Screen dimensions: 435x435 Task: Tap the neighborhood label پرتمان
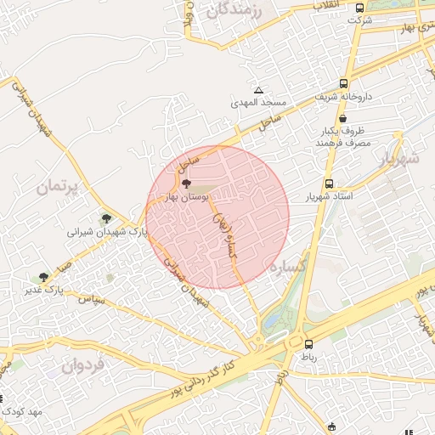pyautogui.click(x=57, y=185)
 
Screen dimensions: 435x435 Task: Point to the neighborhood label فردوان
pyautogui.click(x=82, y=366)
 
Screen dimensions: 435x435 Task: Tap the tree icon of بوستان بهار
pyautogui.click(x=187, y=182)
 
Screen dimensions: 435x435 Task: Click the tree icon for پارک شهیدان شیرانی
pyautogui.click(x=105, y=218)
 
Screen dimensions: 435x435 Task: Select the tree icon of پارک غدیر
pyautogui.click(x=43, y=277)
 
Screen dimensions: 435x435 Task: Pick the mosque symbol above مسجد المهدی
pyautogui.click(x=259, y=90)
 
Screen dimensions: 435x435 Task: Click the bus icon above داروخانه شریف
pyautogui.click(x=343, y=84)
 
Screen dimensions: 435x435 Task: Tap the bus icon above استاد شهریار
pyautogui.click(x=329, y=184)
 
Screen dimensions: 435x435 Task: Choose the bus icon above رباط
pyautogui.click(x=308, y=344)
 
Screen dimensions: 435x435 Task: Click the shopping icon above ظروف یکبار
pyautogui.click(x=342, y=119)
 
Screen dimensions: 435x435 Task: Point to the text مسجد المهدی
pyautogui.click(x=259, y=103)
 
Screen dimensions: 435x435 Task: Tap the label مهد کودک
pyautogui.click(x=21, y=410)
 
